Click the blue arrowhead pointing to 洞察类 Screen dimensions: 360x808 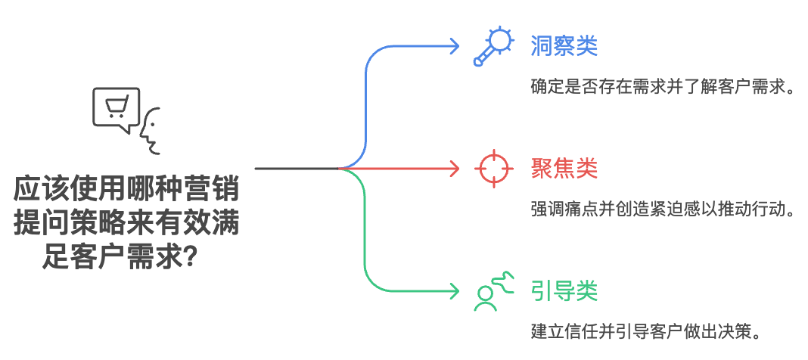(x=454, y=46)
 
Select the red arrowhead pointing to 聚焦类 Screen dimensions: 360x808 (x=454, y=168)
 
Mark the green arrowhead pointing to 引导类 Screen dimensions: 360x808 (x=454, y=290)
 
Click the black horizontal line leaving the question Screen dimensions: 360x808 (x=295, y=168)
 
